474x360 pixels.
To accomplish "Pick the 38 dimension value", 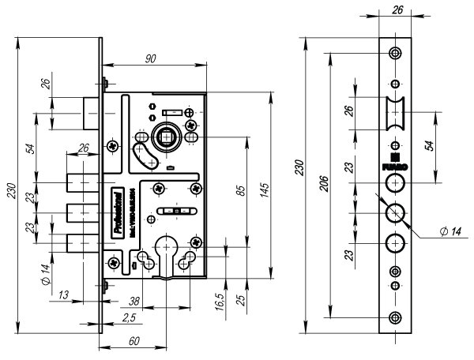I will pos(135,300).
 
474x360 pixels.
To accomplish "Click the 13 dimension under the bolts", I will pos(62,294).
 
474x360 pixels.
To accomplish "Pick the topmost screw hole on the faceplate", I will pos(395,53).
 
